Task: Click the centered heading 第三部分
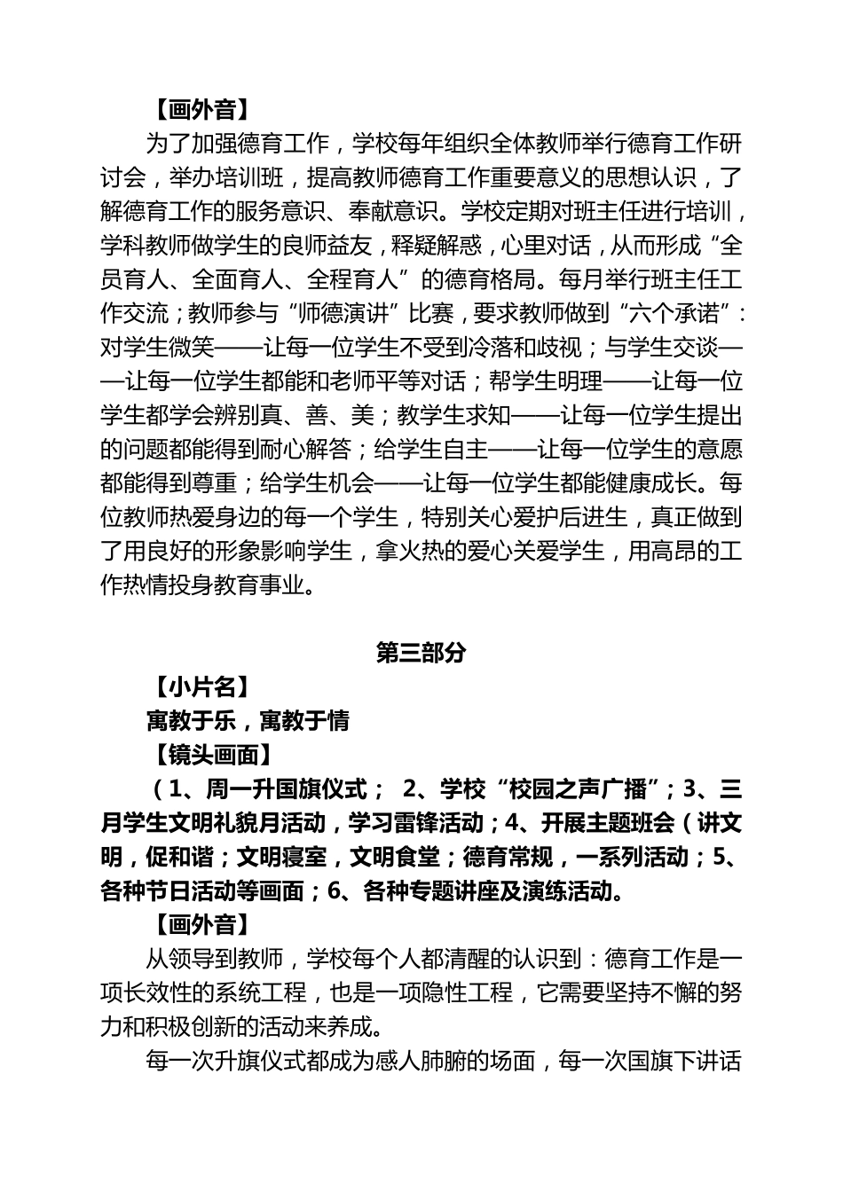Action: coord(421,653)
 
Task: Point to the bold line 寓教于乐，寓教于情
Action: coord(248,721)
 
